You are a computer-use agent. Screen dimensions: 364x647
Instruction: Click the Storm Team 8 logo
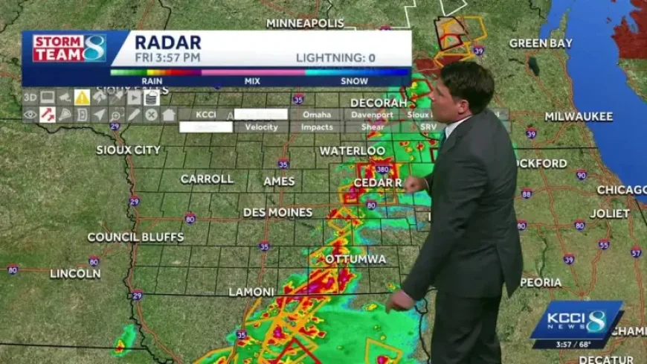(69, 48)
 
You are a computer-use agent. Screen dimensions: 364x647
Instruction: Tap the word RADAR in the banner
(167, 42)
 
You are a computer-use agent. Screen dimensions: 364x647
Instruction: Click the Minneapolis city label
(305, 23)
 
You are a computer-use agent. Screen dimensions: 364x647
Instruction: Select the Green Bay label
(541, 43)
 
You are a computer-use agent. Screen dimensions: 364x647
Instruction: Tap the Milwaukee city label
(579, 116)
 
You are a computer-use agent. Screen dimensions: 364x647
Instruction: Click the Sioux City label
(128, 150)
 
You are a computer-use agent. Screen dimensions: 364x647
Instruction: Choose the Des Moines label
(277, 212)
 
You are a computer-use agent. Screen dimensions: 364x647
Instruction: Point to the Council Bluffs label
(135, 237)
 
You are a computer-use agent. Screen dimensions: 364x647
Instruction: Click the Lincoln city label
(75, 273)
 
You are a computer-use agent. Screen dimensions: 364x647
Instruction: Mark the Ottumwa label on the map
(355, 259)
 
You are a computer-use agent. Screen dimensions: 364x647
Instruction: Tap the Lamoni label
(251, 292)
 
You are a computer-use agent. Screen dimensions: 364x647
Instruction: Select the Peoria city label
(541, 282)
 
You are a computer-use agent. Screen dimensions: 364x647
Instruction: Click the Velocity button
(261, 127)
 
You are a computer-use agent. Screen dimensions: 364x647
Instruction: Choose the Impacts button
(317, 127)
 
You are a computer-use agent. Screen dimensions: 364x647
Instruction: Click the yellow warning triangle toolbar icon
(82, 98)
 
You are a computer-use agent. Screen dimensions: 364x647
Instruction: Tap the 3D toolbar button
(30, 98)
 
